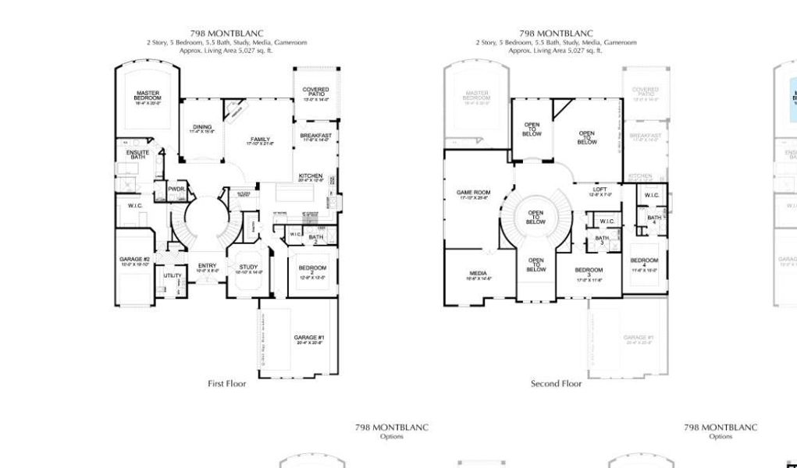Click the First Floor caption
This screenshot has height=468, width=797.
coord(226,384)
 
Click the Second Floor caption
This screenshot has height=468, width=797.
coord(556,384)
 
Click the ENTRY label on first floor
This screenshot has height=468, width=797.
coord(207,267)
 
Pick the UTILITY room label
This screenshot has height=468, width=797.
coord(172,275)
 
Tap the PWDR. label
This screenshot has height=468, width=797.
coord(176,189)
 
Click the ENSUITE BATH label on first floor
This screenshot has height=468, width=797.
coord(138,155)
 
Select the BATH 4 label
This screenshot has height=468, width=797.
coord(654,219)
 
